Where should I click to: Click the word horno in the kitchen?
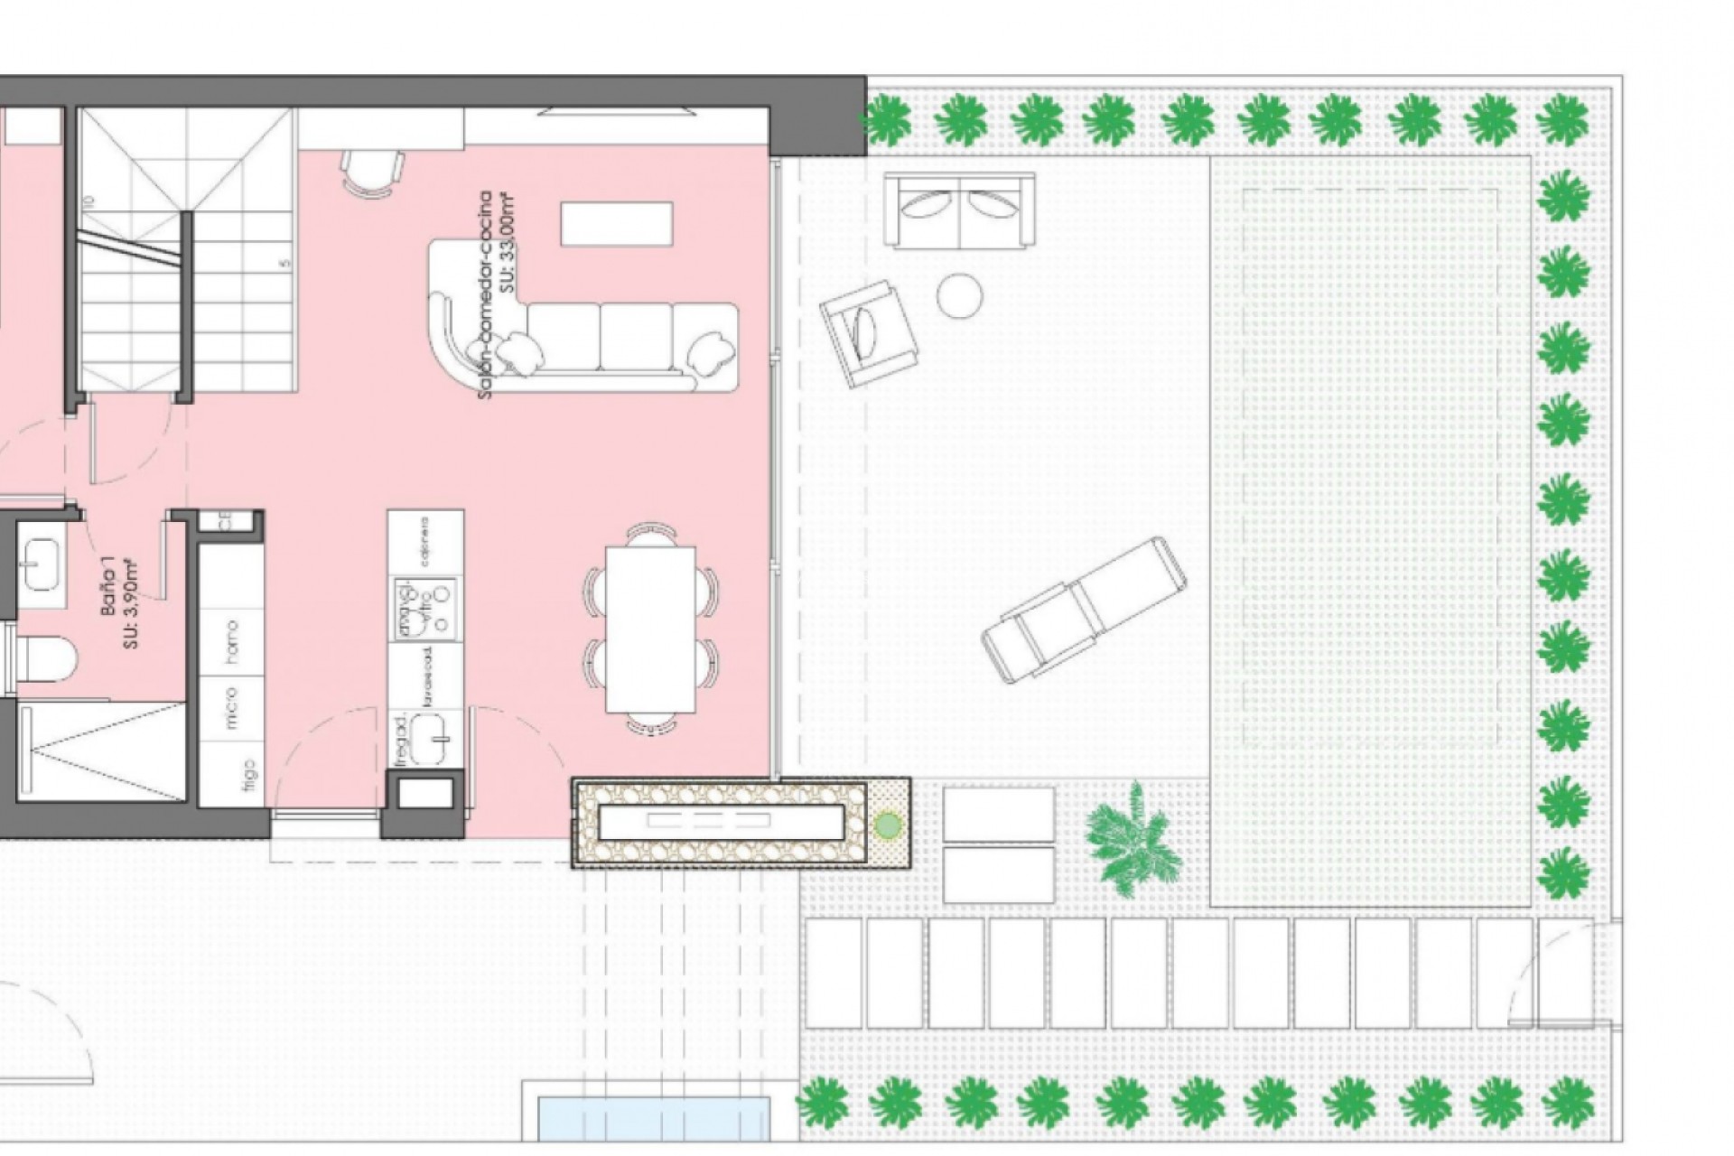tap(232, 642)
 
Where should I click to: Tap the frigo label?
tap(249, 776)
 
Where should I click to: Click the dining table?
tap(650, 629)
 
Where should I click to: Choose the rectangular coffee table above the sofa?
tap(617, 223)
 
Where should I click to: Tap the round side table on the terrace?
tap(959, 295)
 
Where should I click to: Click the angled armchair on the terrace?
tap(868, 331)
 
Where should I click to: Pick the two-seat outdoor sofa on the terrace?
tap(959, 210)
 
